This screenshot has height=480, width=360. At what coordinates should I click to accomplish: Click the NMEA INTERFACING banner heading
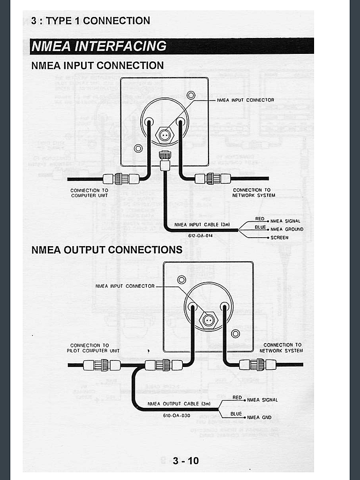click(x=99, y=46)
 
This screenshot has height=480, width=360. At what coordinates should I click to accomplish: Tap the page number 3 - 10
click(x=186, y=461)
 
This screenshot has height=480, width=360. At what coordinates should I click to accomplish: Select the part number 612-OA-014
click(x=200, y=236)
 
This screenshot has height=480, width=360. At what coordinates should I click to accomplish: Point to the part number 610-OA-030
click(x=177, y=415)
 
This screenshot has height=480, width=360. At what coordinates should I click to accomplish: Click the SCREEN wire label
click(x=279, y=238)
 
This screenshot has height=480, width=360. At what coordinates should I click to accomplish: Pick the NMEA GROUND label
click(x=287, y=229)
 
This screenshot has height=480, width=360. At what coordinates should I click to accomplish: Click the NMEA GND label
click(x=259, y=417)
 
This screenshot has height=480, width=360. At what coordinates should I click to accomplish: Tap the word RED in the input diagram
click(x=260, y=219)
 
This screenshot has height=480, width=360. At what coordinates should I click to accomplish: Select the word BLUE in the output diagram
click(x=236, y=414)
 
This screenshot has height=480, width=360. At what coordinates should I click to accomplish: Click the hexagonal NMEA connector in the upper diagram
click(x=165, y=135)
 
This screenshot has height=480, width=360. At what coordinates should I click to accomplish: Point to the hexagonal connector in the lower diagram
click(x=208, y=321)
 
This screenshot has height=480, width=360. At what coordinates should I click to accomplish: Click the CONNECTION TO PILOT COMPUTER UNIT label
click(x=93, y=348)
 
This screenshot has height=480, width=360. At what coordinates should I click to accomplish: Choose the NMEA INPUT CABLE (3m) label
click(x=202, y=225)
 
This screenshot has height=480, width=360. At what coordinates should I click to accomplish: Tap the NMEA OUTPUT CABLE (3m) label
click(x=179, y=404)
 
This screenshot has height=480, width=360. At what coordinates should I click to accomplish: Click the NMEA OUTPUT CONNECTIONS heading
click(x=107, y=250)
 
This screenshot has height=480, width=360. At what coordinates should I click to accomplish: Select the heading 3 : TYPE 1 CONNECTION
click(x=90, y=21)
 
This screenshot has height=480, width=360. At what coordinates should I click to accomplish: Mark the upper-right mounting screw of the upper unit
click(x=191, y=95)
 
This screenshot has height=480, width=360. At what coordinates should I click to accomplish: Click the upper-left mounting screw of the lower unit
click(x=181, y=279)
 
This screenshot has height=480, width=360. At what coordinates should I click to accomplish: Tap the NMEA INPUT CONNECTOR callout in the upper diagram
click(x=246, y=100)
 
